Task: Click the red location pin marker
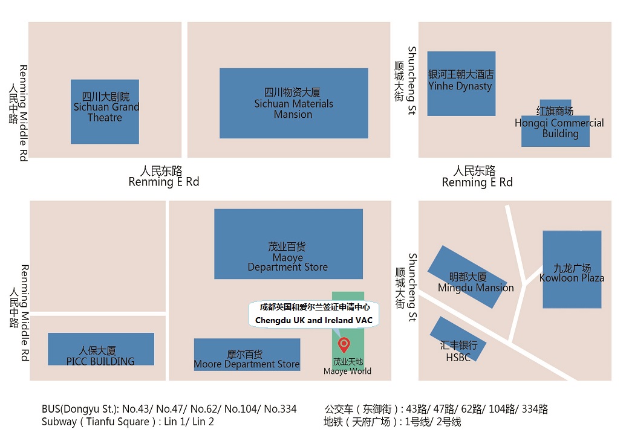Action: pyautogui.click(x=344, y=345)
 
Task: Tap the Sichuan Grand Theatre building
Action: pyautogui.click(x=105, y=112)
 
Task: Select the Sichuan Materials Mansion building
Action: pyautogui.click(x=293, y=103)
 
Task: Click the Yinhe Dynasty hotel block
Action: pyautogui.click(x=461, y=83)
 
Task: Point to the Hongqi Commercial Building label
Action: pyautogui.click(x=559, y=123)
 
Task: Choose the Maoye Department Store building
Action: pyautogui.click(x=288, y=243)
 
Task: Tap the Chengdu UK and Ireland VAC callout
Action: pyautogui.click(x=314, y=314)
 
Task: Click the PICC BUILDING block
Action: pyautogui.click(x=100, y=349)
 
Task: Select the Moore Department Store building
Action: pyautogui.click(x=247, y=354)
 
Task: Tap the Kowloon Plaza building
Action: pyautogui.click(x=572, y=269)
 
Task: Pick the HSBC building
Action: pyautogui.click(x=458, y=339)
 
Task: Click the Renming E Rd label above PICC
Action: pyautogui.click(x=163, y=182)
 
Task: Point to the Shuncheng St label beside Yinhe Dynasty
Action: pyautogui.click(x=412, y=81)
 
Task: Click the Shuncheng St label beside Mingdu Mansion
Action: pyautogui.click(x=412, y=287)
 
